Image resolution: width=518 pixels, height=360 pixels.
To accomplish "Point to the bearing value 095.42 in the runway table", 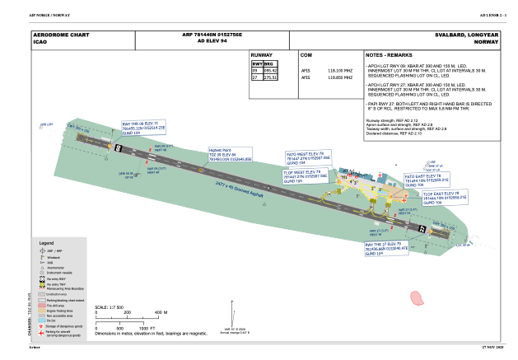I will (x=269, y=71).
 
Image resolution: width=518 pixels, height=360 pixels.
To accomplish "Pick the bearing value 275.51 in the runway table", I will (x=269, y=77).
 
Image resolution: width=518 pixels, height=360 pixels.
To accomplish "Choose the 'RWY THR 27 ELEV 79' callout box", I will (x=386, y=249).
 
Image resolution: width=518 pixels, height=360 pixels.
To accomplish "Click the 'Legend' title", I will (x=46, y=244).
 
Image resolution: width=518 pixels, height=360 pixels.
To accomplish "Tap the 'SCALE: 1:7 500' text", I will (x=109, y=307).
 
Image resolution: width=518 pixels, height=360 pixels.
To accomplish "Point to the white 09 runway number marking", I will (x=118, y=148).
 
